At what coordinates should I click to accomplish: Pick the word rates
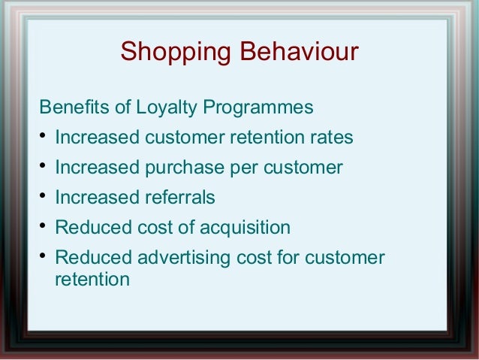click(329, 138)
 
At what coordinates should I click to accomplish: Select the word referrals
click(179, 198)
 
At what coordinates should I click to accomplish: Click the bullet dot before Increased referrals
click(43, 197)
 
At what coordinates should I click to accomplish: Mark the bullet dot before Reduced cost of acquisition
click(43, 227)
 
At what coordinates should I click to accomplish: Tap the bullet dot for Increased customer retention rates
click(43, 138)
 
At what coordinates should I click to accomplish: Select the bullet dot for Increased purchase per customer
click(43, 167)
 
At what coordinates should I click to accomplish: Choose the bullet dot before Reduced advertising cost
click(43, 257)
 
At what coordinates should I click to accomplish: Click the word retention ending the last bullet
click(92, 280)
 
